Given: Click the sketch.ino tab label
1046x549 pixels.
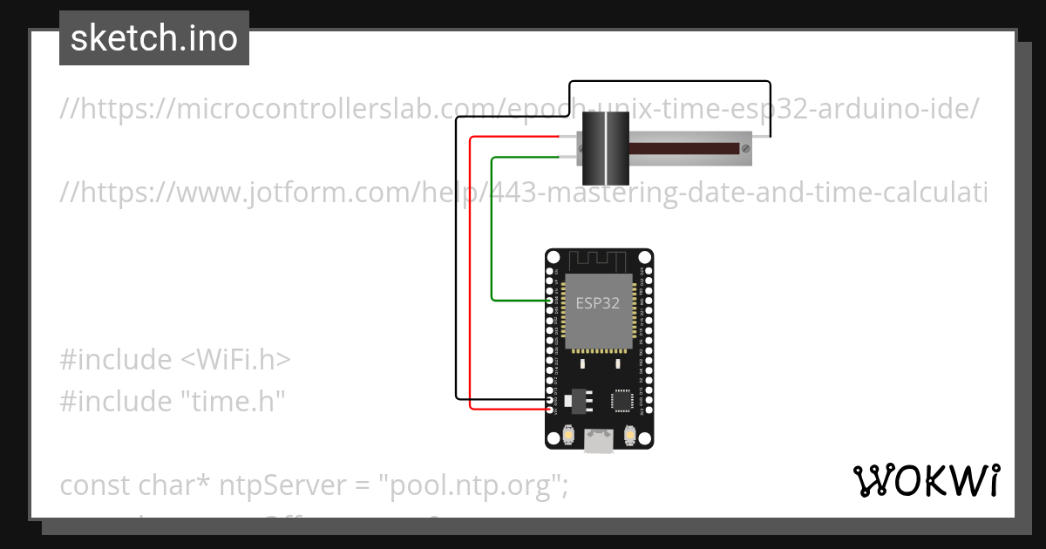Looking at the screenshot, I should point(154,38).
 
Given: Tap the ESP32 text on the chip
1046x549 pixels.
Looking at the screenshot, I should point(598,303).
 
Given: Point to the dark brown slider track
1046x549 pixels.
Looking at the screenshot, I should point(680,149).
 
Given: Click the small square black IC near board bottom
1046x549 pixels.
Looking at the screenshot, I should point(621,400).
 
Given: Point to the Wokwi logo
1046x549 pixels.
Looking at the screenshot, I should point(926,481).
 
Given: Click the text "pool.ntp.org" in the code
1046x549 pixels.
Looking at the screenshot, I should point(468,485).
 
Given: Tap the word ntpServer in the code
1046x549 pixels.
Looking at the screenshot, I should point(266,485).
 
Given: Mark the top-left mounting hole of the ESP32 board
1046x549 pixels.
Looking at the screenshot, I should point(554,259).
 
